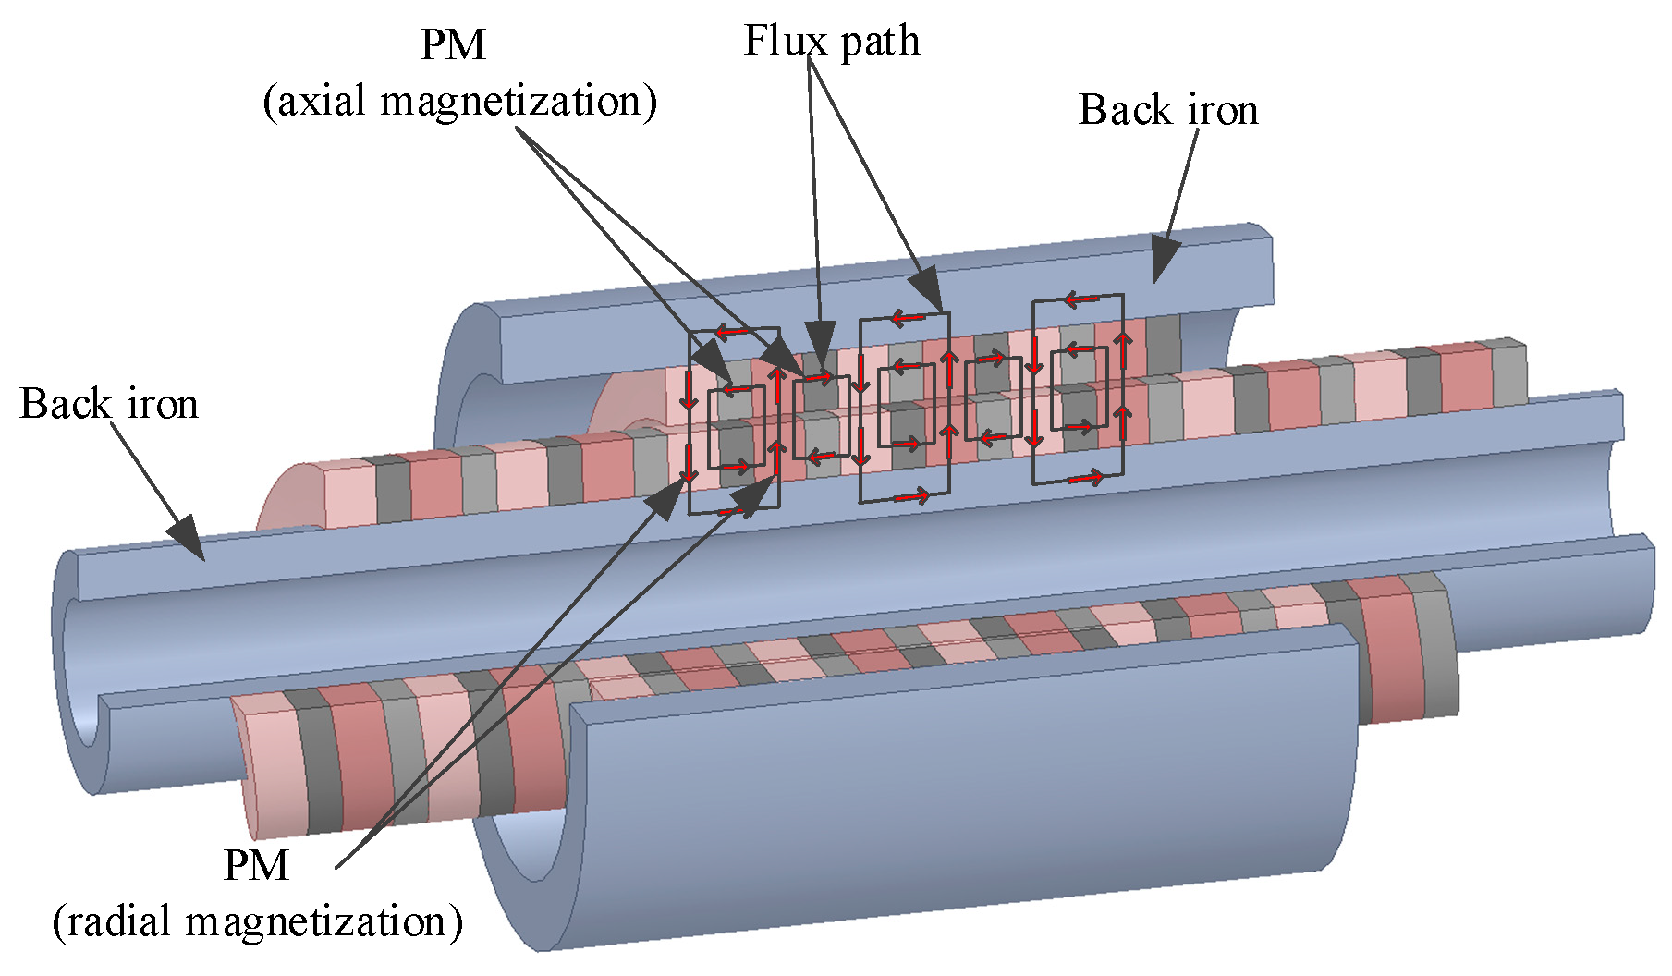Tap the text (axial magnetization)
point(459,101)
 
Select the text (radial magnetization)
point(257,921)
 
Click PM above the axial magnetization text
point(452,44)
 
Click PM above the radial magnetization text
point(256,866)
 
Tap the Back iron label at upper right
point(1167,110)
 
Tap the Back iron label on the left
point(108,404)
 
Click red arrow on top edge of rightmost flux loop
point(1081,299)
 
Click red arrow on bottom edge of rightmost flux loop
point(1084,478)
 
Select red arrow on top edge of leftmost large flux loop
point(734,331)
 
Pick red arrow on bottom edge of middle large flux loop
point(910,497)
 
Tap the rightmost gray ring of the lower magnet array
point(1437,647)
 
